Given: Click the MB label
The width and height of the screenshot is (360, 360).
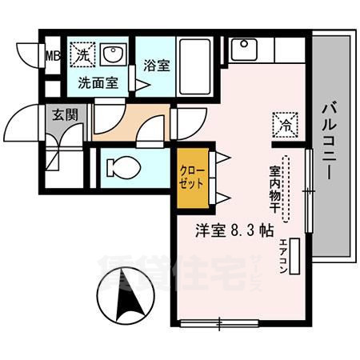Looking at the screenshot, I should coord(53,56).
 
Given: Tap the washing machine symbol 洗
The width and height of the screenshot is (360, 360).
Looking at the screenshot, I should coord(82,55).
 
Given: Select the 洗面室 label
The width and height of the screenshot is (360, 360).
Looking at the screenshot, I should coord(97,82).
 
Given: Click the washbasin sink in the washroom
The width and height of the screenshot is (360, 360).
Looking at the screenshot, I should coord(114,56).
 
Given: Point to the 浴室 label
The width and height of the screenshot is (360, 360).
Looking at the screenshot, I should coord(155,66).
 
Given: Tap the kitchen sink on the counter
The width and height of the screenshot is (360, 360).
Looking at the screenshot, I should coord(241,50).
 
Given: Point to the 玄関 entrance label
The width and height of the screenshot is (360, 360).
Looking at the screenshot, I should coord(65,114).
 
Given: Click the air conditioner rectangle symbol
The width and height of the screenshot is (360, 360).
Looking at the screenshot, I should coord(297,257).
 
